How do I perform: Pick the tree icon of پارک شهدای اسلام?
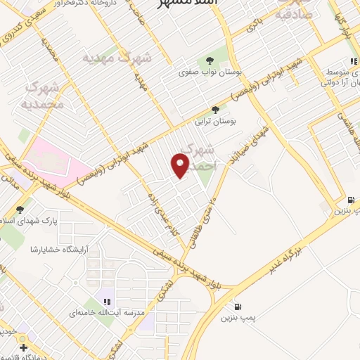pos(20,210)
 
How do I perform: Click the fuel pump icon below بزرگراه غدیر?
pos(238,307)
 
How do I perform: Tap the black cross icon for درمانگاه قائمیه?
pos(23,347)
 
